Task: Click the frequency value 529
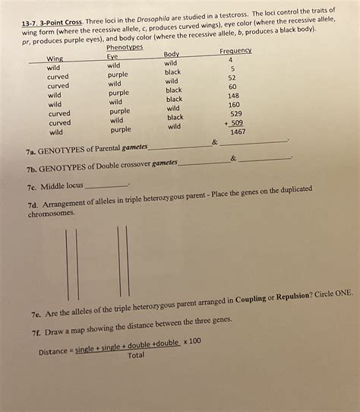pyautogui.click(x=235, y=113)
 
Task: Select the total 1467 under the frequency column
pyautogui.click(x=238, y=132)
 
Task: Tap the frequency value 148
pyautogui.click(x=233, y=96)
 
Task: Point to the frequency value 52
pyautogui.click(x=232, y=78)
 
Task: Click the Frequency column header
pyautogui.click(x=235, y=50)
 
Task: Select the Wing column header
pyautogui.click(x=55, y=59)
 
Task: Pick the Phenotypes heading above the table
pyautogui.click(x=125, y=47)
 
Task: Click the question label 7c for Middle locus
pyautogui.click(x=33, y=185)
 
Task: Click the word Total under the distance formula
pyautogui.click(x=136, y=354)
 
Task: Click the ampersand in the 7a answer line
pyautogui.click(x=215, y=142)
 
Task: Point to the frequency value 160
pyautogui.click(x=233, y=105)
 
